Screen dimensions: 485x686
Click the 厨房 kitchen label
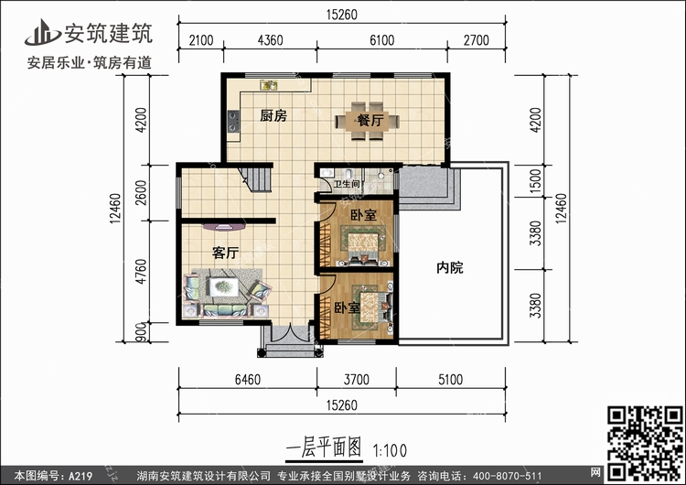[273, 116]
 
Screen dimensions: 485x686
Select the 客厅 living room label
[225, 253]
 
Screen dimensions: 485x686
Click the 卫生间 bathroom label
[348, 184]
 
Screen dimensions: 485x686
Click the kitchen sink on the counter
[269, 86]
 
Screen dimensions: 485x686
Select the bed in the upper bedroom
[360, 243]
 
